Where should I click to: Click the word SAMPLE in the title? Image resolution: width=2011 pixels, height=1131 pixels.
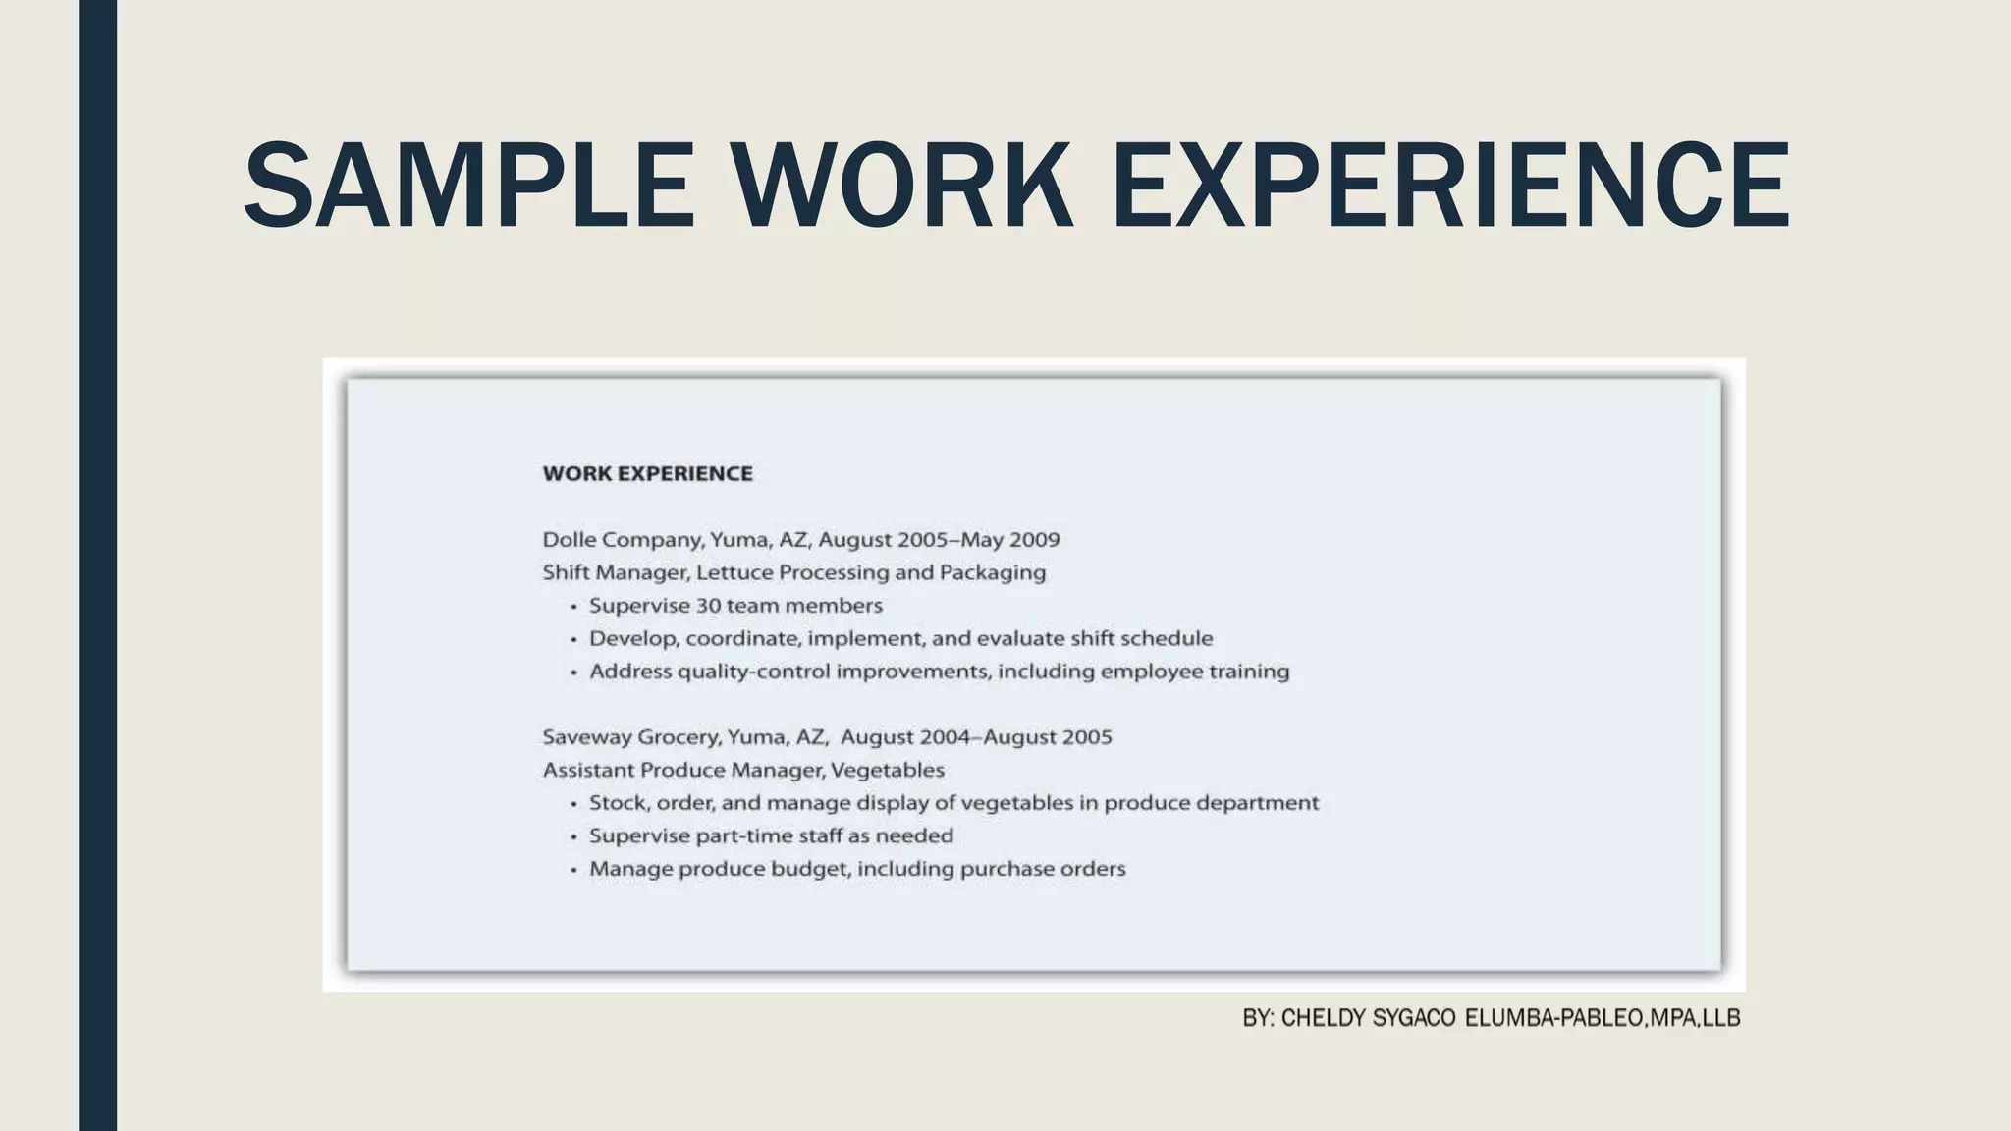468,186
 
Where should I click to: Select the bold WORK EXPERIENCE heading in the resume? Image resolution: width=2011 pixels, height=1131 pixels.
648,473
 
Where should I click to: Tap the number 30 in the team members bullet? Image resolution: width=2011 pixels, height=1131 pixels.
708,606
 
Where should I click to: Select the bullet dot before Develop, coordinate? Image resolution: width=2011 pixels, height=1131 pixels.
573,640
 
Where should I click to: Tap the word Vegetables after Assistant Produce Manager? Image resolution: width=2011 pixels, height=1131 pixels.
888,771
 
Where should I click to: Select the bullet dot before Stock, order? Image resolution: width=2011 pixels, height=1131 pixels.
573,804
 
